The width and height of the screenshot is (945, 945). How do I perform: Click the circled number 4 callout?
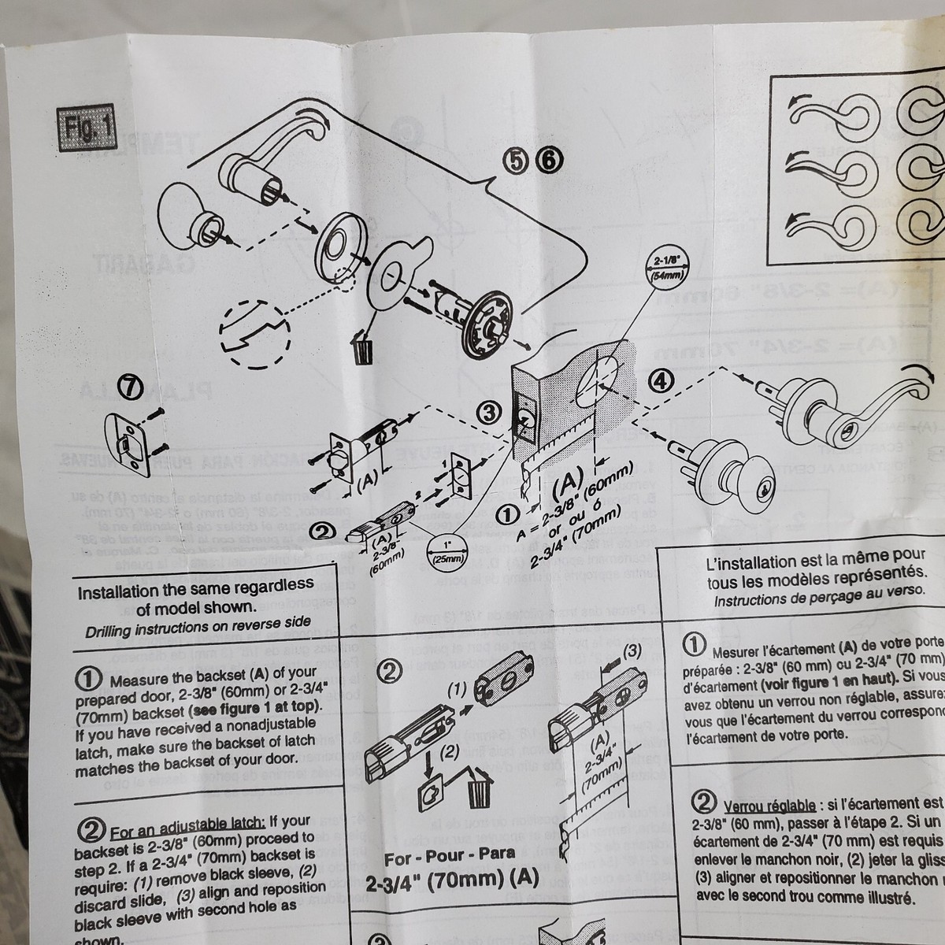coord(661,380)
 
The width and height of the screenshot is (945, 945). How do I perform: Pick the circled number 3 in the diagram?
coord(489,411)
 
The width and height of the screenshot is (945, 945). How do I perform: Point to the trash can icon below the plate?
coord(362,348)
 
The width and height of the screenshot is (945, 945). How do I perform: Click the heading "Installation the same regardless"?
coord(195,588)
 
